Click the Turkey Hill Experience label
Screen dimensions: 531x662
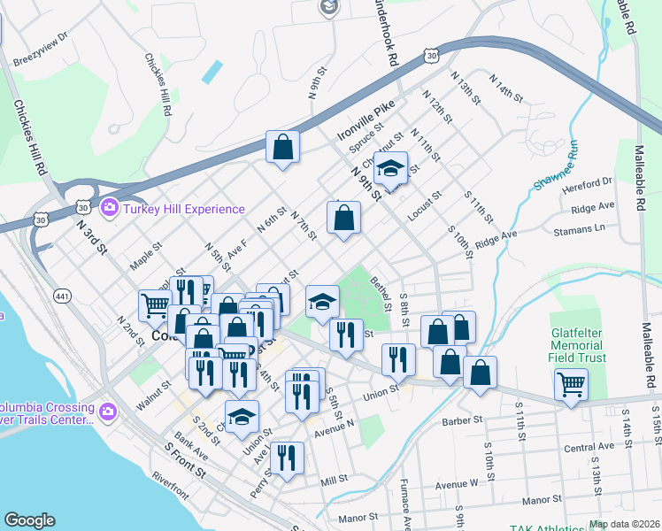click(184, 210)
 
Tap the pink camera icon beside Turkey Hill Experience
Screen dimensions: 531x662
click(110, 209)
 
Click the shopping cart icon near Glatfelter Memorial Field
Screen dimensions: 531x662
click(571, 384)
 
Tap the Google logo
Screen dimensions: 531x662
click(29, 520)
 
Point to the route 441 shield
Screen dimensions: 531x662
click(62, 294)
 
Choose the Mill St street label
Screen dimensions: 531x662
click(335, 481)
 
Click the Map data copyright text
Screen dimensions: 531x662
click(625, 524)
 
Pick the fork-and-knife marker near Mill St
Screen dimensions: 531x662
click(286, 457)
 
